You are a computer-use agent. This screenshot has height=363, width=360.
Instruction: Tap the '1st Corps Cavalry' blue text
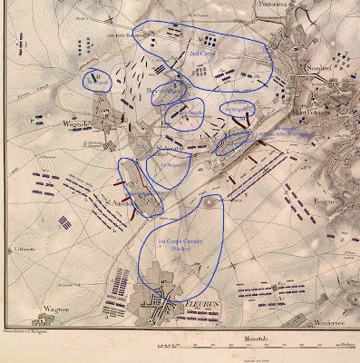(x=180, y=248)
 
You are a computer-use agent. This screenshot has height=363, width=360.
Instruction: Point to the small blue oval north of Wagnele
(x=96, y=81)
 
